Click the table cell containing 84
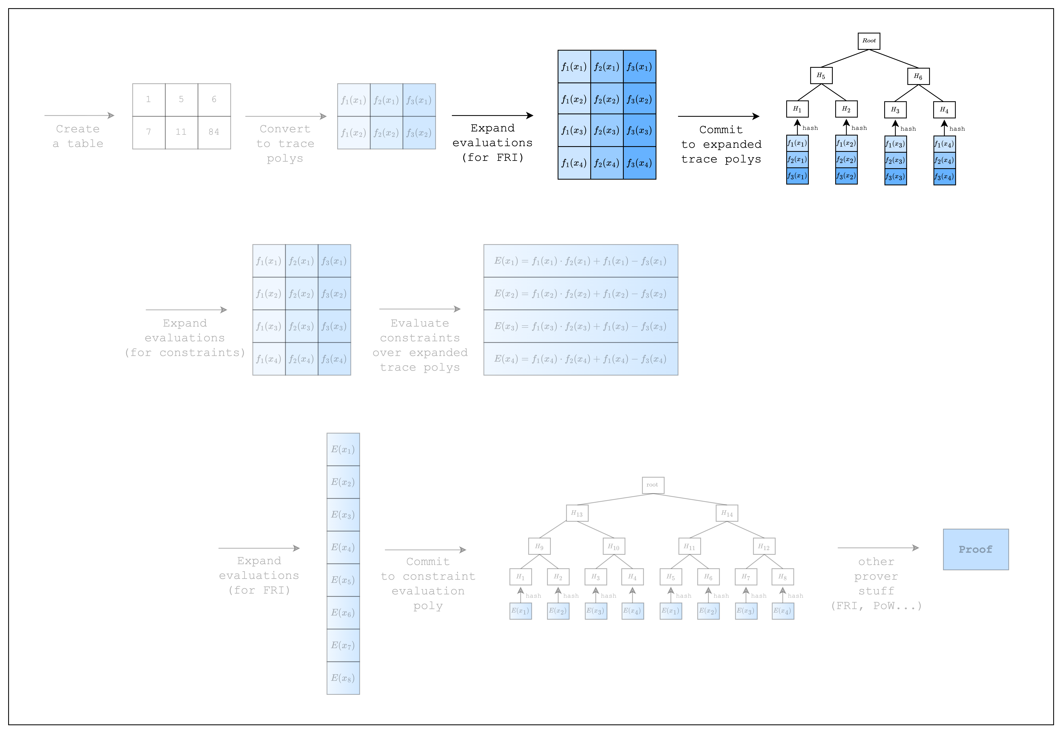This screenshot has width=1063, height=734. coord(214,132)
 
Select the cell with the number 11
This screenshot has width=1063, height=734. coord(181,132)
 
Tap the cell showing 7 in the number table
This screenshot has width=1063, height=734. coord(149,132)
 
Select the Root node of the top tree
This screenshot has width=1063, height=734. coord(869,41)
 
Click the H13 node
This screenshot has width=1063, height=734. coord(577,513)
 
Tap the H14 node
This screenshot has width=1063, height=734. coord(727,513)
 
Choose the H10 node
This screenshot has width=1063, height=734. coord(614,546)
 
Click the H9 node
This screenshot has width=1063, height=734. coord(539,546)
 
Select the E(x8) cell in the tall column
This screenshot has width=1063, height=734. coord(343,678)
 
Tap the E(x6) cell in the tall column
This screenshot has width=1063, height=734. coord(343,613)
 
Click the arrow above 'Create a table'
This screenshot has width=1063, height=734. coord(79,116)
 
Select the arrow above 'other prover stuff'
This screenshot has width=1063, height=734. coord(878,548)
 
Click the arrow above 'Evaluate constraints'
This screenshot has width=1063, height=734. coord(420,309)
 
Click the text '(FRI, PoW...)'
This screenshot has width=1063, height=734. coord(876,606)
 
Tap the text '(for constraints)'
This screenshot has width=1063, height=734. coord(185,353)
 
